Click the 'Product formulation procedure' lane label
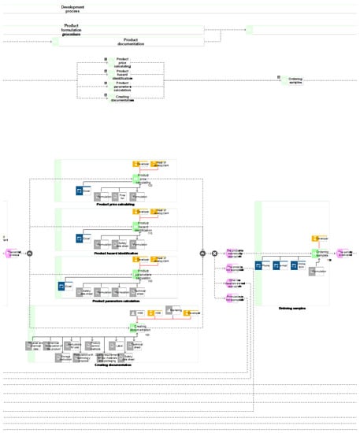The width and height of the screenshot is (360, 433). pyautogui.click(x=72, y=29)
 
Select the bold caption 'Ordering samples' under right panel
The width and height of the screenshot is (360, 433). pyautogui.click(x=295, y=308)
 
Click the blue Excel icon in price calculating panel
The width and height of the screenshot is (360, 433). pyautogui.click(x=80, y=190)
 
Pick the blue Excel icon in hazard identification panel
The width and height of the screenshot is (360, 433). pyautogui.click(x=80, y=237)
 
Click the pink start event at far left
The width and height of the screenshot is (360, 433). pyautogui.click(x=13, y=253)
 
